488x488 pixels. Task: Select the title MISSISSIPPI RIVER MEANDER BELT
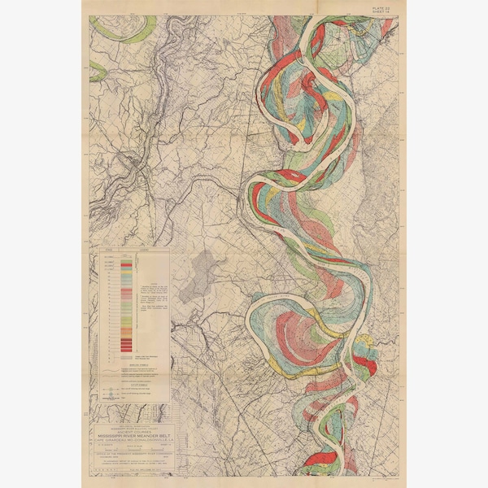point(130,436)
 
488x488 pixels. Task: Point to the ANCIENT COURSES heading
point(130,430)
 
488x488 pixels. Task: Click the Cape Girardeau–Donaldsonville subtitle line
point(130,442)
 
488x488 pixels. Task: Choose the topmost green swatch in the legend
point(126,259)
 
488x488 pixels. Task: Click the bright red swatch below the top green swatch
point(126,264)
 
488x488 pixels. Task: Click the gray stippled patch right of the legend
point(203,272)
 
